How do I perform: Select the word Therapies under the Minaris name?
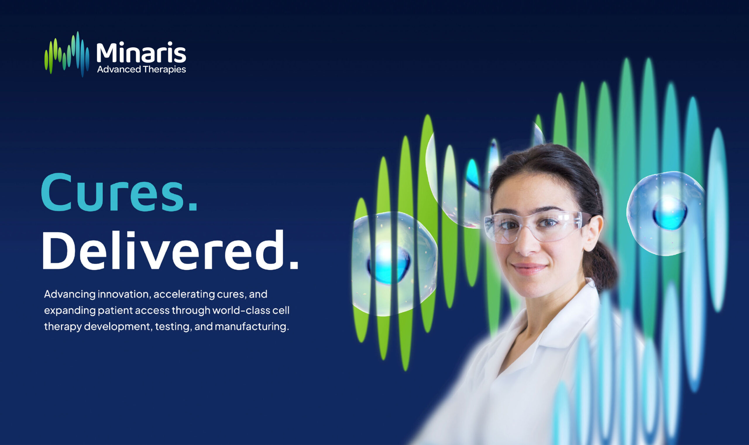click(x=164, y=70)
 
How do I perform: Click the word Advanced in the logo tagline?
click(x=119, y=70)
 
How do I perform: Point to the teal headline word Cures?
click(x=113, y=193)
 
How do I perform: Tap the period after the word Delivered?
click(x=294, y=265)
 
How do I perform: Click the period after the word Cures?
click(x=194, y=207)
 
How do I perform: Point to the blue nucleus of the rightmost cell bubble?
click(x=669, y=213)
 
